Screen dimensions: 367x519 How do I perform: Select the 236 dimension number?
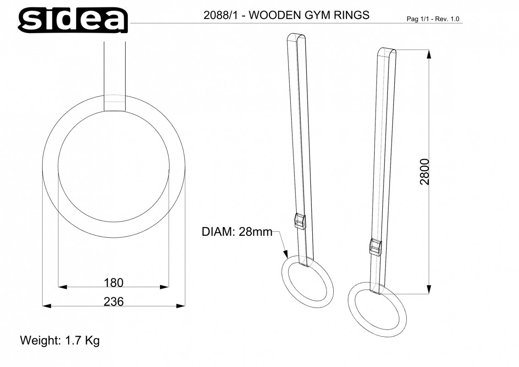114,301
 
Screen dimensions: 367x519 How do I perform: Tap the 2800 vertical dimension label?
425,172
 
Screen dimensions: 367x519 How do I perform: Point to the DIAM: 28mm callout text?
237,232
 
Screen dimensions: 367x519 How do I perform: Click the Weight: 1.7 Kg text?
60,341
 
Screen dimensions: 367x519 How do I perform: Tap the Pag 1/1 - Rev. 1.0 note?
433,19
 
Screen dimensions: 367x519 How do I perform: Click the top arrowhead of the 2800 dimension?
429,54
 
